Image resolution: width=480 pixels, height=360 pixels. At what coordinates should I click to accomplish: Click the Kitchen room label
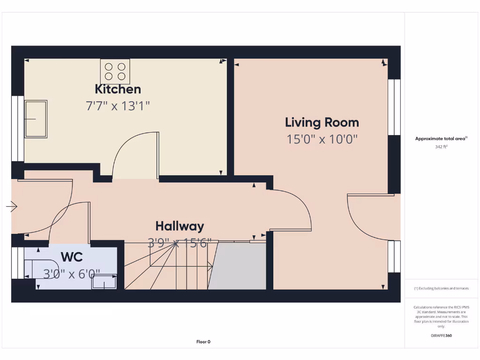click(118, 89)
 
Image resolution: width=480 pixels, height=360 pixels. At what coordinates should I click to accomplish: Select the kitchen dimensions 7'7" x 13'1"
click(118, 106)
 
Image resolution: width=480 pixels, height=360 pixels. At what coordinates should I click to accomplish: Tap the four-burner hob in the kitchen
click(115, 71)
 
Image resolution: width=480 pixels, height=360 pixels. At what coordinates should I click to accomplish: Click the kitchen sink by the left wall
click(36, 119)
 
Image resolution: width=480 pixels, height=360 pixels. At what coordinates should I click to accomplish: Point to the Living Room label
click(322, 123)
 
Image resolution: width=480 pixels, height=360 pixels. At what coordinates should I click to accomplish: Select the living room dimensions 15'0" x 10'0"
click(322, 139)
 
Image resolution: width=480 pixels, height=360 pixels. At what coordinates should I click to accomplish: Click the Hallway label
click(180, 226)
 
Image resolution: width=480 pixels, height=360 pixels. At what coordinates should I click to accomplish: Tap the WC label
click(72, 257)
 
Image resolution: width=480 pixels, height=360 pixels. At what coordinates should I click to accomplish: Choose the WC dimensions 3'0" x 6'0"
click(72, 274)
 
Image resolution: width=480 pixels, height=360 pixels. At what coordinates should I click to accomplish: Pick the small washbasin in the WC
click(104, 282)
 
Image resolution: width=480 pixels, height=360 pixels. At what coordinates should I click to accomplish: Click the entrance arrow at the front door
click(12, 206)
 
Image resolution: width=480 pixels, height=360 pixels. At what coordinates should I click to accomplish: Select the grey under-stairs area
click(238, 266)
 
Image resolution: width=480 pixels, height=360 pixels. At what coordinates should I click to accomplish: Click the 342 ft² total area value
click(441, 147)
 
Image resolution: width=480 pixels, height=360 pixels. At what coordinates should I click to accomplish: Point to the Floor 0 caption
click(203, 342)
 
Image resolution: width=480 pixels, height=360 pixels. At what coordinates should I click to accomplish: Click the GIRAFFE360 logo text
click(441, 336)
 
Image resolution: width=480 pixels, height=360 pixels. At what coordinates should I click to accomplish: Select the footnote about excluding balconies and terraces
click(441, 288)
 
